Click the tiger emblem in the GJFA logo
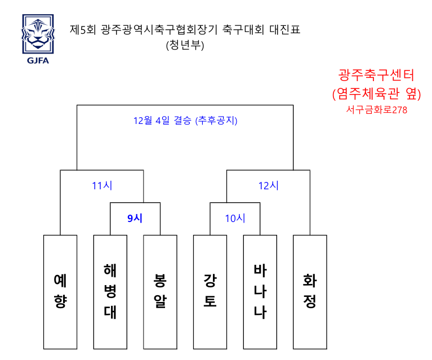38,34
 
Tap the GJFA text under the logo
38,61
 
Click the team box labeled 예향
60,292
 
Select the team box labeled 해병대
110,292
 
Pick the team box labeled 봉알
160,292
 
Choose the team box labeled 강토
210,292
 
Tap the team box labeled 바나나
260,292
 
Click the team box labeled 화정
310,292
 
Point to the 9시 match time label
135,219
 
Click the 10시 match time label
235,219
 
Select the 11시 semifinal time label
102,185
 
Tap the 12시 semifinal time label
268,185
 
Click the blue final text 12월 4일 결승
162,121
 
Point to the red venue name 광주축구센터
376,75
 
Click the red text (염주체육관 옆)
377,94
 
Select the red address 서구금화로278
377,110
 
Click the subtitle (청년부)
185,45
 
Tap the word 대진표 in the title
284,29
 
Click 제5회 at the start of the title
83,29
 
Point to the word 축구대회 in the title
243,29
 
